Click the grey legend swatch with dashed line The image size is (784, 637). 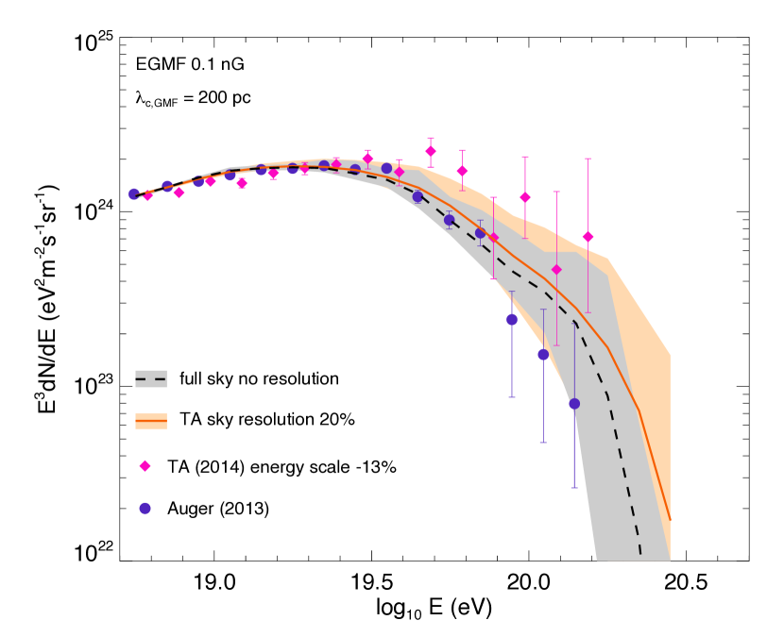tap(151, 378)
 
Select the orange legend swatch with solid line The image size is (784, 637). tap(151, 421)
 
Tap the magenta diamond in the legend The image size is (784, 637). tap(145, 466)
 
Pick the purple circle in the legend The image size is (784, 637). tap(145, 509)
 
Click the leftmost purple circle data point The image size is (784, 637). tap(133, 193)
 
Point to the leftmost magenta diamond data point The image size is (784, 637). tap(147, 196)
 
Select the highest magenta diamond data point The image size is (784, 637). tap(431, 151)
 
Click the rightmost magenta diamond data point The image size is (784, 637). tap(588, 237)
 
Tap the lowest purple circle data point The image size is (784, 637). tap(574, 404)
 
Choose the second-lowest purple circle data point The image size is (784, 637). tap(543, 354)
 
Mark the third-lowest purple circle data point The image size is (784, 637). tap(512, 319)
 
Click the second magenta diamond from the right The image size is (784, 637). tap(556, 270)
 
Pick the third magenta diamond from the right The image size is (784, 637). tap(525, 197)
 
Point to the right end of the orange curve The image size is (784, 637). tap(670, 520)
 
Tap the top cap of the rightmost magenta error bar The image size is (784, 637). tap(588, 159)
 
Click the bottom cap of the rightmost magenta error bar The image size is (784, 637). tap(588, 312)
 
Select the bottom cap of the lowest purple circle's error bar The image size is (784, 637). tap(574, 488)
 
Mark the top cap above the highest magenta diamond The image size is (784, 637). tap(431, 138)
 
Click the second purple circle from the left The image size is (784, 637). tap(167, 186)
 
